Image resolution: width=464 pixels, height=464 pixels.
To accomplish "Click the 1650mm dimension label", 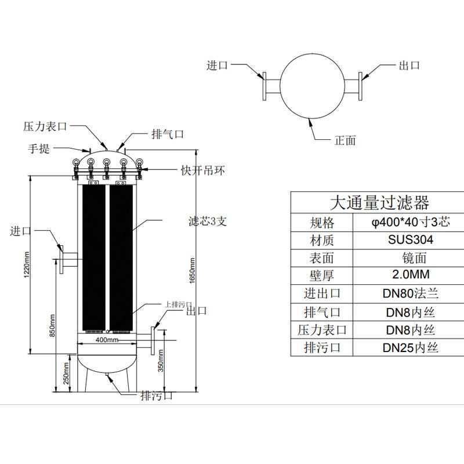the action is [192, 270].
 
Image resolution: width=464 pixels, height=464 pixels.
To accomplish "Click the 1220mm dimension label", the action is [27, 264].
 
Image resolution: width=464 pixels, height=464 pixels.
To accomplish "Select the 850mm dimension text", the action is [52, 325].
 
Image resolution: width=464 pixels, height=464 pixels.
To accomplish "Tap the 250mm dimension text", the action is [66, 374].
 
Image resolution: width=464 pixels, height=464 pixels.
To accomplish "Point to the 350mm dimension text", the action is [161, 360].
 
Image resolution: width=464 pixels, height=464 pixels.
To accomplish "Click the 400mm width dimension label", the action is [107, 340].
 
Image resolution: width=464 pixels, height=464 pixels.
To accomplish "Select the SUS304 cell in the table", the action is [411, 240].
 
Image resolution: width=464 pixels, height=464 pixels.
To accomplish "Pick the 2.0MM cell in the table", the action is [411, 274].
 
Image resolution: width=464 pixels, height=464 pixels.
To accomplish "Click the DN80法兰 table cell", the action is [411, 293].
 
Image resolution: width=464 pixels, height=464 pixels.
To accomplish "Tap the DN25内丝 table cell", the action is [411, 347].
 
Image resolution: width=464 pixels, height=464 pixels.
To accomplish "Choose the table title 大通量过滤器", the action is [379, 202].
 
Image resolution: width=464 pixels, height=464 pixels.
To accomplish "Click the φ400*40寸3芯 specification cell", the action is [411, 222].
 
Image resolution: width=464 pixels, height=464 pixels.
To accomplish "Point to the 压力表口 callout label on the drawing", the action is [45, 126].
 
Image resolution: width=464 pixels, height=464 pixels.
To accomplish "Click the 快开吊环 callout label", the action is [202, 171].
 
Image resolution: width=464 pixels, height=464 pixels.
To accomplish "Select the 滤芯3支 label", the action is [208, 221].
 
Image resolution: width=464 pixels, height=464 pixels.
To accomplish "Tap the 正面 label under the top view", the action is [345, 140].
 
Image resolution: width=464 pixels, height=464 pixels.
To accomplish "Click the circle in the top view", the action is [312, 53].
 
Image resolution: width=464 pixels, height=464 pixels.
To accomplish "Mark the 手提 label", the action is [39, 148].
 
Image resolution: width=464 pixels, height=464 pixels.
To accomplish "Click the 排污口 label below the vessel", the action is [156, 396].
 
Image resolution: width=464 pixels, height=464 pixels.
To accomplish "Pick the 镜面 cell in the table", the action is [414, 258].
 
